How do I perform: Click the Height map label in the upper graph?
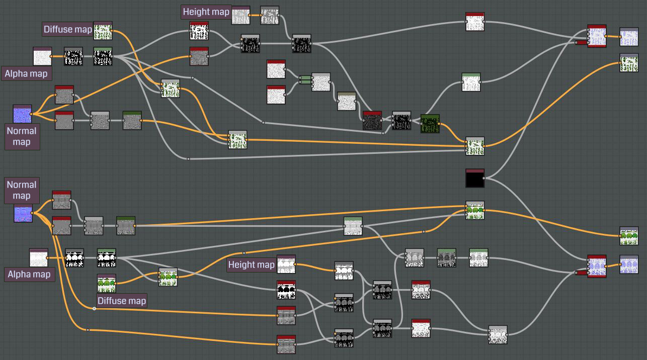click(x=206, y=12)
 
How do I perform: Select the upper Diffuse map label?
click(x=68, y=29)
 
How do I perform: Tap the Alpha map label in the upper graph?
click(x=26, y=74)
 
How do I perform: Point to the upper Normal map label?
click(x=22, y=136)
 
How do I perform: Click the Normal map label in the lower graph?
click(x=22, y=190)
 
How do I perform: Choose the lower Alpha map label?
click(x=29, y=274)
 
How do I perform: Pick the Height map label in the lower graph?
click(x=252, y=264)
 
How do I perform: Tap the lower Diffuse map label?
click(x=121, y=301)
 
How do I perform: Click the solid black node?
click(x=475, y=178)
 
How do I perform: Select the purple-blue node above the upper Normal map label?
click(x=22, y=114)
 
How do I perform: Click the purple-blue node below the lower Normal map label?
click(x=23, y=213)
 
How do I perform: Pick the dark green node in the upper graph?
click(x=430, y=123)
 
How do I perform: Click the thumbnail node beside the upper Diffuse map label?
click(x=103, y=31)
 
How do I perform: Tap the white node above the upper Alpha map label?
click(x=42, y=56)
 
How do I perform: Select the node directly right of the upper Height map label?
click(x=240, y=16)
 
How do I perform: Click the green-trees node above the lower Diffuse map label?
click(x=106, y=284)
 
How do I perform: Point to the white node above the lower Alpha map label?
click(x=39, y=258)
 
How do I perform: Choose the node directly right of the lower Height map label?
click(x=286, y=264)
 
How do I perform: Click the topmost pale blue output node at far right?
click(x=629, y=37)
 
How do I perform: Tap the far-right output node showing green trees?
click(x=629, y=236)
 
